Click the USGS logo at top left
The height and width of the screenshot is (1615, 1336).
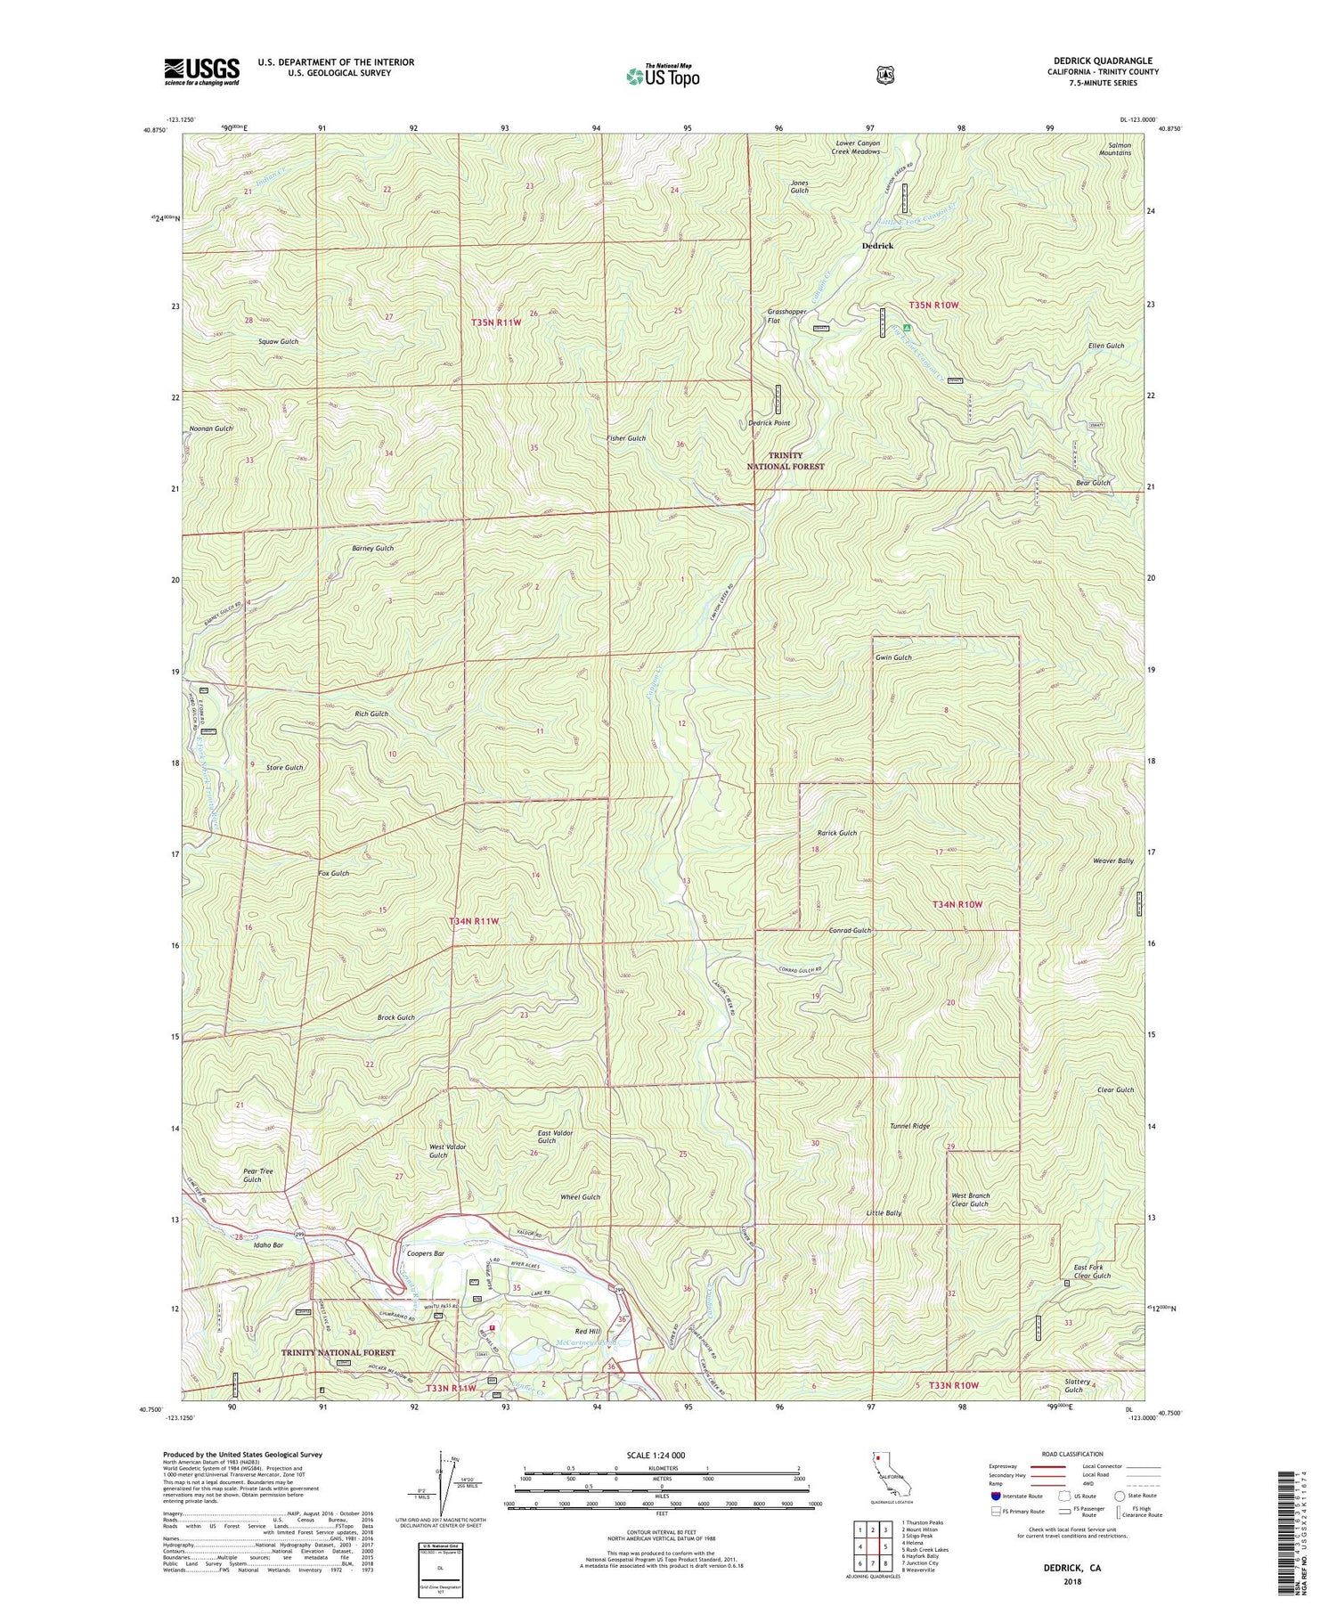(201, 71)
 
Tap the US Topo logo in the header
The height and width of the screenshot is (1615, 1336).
(663, 76)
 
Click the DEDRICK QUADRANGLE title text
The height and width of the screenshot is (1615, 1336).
(1103, 61)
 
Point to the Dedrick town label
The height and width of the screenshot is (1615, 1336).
(877, 246)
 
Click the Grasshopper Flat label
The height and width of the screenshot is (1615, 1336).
(786, 316)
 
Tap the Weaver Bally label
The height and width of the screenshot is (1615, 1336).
(1112, 861)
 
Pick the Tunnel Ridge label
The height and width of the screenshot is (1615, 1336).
(909, 1126)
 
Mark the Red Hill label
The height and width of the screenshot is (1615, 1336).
(586, 1331)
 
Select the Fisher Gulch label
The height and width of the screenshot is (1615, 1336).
(625, 438)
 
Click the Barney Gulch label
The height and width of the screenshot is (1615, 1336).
(372, 549)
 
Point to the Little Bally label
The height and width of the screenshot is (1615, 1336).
(884, 1213)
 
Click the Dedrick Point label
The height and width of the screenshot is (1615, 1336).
(769, 423)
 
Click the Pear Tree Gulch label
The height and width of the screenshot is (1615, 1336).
(258, 1175)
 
